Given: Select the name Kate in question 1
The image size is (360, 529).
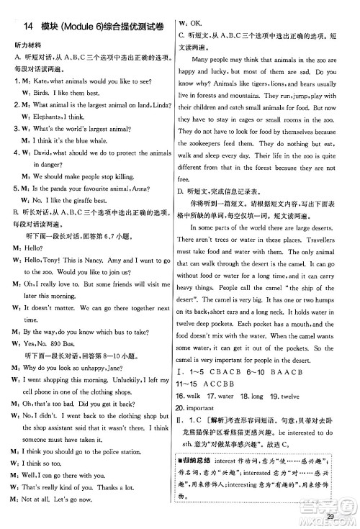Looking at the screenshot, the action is click(42, 81).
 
